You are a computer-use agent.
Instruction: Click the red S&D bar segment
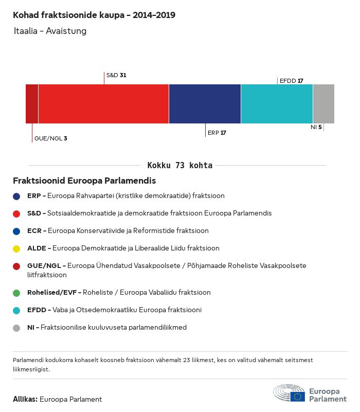click(103, 104)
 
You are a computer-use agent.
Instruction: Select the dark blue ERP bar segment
click(205, 104)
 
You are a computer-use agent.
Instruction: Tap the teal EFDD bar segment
click(277, 104)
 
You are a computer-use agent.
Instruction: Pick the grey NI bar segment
click(323, 104)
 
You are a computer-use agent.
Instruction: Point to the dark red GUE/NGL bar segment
click(32, 104)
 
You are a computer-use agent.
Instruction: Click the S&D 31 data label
click(116, 75)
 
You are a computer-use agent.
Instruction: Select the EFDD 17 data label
click(291, 81)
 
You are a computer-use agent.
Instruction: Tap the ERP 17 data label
click(217, 133)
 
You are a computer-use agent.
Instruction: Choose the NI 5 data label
click(316, 127)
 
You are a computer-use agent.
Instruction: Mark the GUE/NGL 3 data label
click(50, 138)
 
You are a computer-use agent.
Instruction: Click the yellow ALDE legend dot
click(17, 248)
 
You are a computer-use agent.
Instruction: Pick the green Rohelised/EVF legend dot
click(17, 293)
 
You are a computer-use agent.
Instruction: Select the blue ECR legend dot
click(17, 231)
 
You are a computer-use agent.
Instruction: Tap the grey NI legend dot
click(17, 328)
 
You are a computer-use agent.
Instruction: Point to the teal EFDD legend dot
click(17, 310)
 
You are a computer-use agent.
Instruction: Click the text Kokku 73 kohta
click(180, 166)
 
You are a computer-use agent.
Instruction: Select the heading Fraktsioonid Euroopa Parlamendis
click(84, 181)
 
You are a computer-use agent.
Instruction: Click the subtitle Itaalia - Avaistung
click(50, 31)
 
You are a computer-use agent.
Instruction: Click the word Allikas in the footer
click(25, 399)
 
